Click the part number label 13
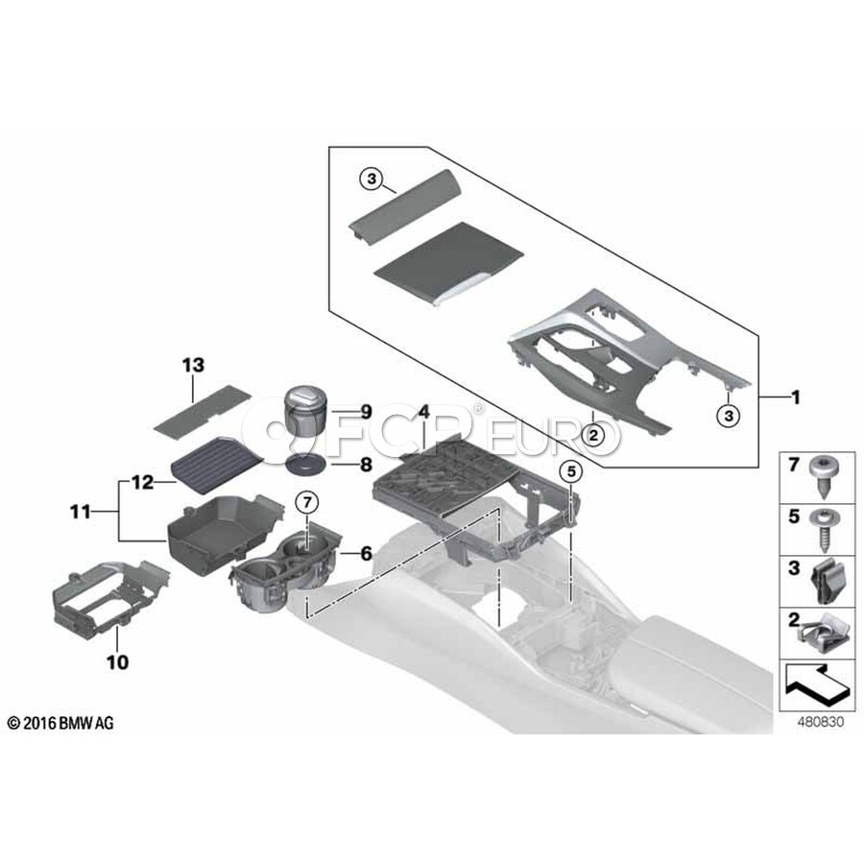click(x=193, y=365)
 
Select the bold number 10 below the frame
click(x=117, y=661)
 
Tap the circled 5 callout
click(x=571, y=471)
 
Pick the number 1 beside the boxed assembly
click(x=795, y=396)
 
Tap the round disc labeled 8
click(x=304, y=465)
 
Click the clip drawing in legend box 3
click(x=824, y=582)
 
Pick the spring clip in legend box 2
click(x=825, y=634)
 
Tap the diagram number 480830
click(x=821, y=721)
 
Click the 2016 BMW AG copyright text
click(x=60, y=722)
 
